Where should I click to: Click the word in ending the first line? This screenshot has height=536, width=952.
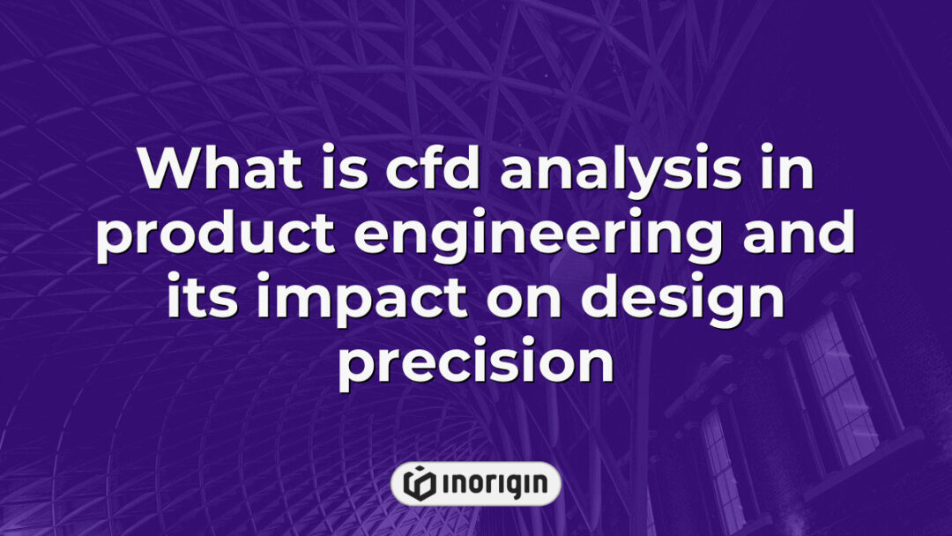point(786,170)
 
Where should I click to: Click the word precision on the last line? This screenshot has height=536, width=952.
point(475,366)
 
